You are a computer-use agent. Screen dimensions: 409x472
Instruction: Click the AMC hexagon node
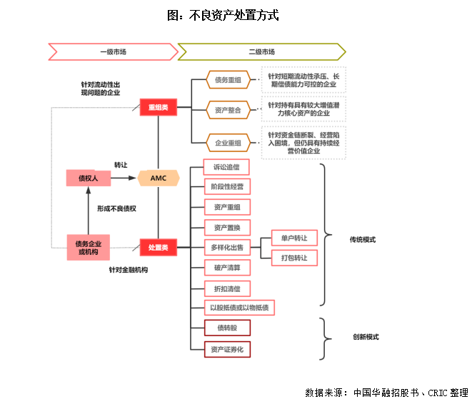pyautogui.click(x=158, y=178)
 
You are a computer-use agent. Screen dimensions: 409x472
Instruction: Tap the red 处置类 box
pyautogui.click(x=158, y=247)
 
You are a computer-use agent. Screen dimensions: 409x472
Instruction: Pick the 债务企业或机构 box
pyautogui.click(x=88, y=248)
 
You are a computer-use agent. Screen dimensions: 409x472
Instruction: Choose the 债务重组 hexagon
pyautogui.click(x=228, y=80)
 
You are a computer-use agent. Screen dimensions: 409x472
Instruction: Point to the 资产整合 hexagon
pyautogui.click(x=228, y=111)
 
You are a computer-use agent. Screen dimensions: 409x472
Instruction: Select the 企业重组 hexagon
pyautogui.click(x=228, y=143)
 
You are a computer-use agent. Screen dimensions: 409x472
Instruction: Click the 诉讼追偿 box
pyautogui.click(x=226, y=167)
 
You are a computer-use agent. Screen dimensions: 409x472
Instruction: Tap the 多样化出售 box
pyautogui.click(x=227, y=247)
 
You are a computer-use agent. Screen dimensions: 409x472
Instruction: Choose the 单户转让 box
pyautogui.click(x=294, y=238)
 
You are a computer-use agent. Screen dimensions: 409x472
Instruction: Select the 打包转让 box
pyautogui.click(x=294, y=257)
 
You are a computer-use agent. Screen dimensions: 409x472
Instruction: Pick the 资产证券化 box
pyautogui.click(x=227, y=349)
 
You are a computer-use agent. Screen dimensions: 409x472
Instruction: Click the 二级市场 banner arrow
pyautogui.click(x=261, y=51)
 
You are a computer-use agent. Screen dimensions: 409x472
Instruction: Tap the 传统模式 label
pyautogui.click(x=363, y=239)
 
